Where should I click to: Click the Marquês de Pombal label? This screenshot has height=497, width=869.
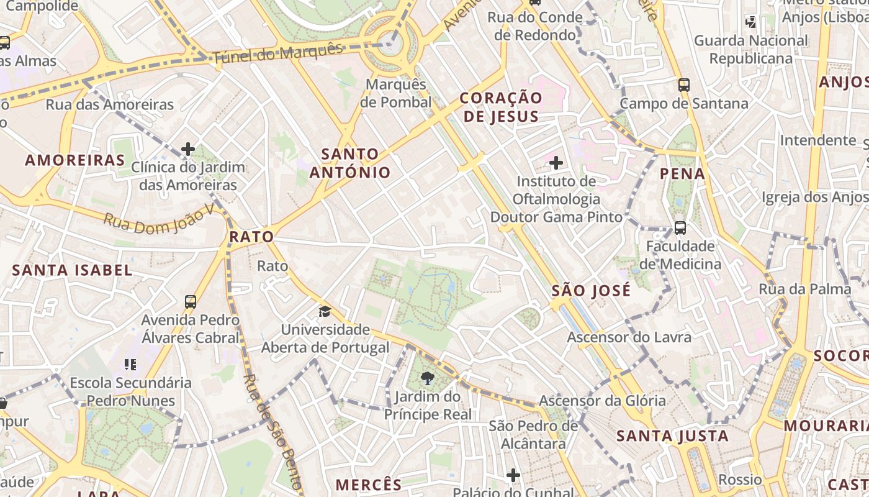click(395, 93)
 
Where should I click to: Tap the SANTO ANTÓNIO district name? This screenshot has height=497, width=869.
click(350, 163)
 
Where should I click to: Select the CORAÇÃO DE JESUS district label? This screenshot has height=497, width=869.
click(501, 107)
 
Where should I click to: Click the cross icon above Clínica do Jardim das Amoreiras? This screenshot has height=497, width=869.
click(188, 149)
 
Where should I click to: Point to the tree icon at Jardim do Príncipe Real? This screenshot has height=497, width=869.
click(428, 377)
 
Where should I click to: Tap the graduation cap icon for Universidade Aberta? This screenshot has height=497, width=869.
click(325, 311)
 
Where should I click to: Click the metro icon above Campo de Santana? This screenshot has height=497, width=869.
click(684, 85)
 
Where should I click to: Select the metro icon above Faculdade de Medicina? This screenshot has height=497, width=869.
click(680, 228)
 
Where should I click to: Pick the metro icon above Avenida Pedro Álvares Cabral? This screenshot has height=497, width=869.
click(191, 302)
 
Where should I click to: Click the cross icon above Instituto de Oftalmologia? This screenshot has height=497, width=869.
click(556, 163)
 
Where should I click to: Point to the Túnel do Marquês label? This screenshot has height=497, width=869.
click(277, 54)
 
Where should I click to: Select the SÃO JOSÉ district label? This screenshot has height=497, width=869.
click(591, 290)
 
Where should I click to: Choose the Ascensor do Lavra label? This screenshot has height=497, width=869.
click(629, 337)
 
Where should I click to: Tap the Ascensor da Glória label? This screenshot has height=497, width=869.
click(602, 401)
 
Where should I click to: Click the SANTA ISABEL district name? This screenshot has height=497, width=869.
click(72, 270)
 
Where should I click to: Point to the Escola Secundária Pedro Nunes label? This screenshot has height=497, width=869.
click(131, 391)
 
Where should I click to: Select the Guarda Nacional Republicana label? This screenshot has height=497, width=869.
click(751, 50)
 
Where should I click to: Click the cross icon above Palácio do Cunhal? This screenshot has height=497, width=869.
click(513, 475)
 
